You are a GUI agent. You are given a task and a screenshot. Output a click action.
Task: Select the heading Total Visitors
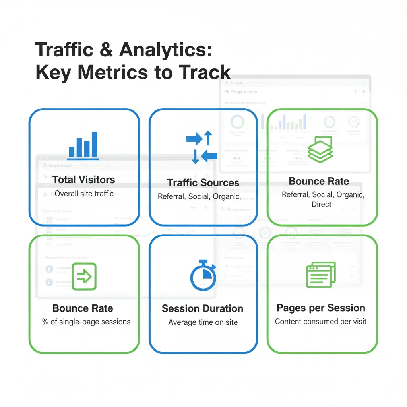coord(83,180)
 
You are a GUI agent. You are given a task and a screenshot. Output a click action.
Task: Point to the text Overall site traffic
coord(84,194)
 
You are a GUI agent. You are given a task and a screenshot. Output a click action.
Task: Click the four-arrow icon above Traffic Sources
coord(202,147)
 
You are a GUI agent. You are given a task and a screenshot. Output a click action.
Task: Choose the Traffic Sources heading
coord(203,183)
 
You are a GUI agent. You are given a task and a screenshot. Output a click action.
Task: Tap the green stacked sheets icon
coord(320,149)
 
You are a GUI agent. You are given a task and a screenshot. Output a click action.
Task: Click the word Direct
coord(322,204)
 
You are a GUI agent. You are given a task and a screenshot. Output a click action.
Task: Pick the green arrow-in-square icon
coord(84,276)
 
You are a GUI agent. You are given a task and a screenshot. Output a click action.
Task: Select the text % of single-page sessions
coord(86,322)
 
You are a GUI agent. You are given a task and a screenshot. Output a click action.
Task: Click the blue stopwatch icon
coord(203,275)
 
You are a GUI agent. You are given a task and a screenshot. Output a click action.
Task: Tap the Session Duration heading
coord(202,309)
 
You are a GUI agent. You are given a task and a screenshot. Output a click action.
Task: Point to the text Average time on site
coord(203,322)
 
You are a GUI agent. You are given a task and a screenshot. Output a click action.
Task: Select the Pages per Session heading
coord(321,308)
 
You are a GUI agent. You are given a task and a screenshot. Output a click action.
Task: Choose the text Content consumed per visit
coord(321,321)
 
